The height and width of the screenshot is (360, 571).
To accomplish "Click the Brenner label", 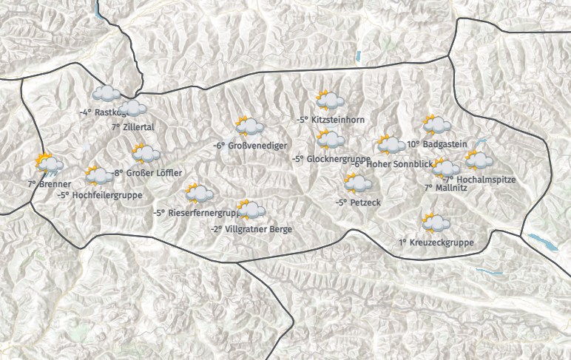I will (56, 183).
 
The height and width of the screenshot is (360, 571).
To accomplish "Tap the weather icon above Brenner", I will (48, 163).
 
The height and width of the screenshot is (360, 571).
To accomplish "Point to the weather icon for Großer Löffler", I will (146, 154).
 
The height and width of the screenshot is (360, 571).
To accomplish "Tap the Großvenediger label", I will (258, 146).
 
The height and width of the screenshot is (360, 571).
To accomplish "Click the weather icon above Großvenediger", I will (249, 126).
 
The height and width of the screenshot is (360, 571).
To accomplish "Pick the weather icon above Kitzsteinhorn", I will (329, 100).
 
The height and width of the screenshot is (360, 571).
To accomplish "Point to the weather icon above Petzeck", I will (357, 182).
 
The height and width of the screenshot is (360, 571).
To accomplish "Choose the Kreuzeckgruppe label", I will (442, 242).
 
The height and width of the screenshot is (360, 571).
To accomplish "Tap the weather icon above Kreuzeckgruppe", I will (436, 222).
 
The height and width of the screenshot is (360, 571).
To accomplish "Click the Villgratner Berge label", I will (258, 229).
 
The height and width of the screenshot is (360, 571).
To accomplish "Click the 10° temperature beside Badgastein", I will (413, 144).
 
